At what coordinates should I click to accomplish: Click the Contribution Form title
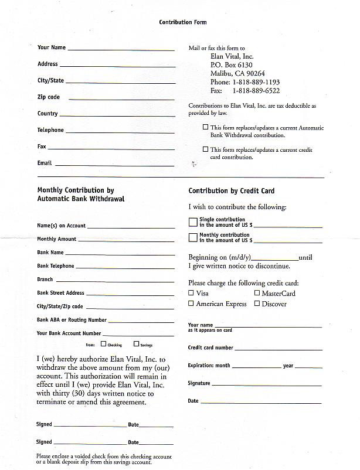tap(183, 22)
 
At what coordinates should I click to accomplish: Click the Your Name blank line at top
tap(120, 49)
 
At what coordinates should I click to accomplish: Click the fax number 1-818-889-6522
tap(256, 91)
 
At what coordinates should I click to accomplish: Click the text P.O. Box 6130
tap(231, 65)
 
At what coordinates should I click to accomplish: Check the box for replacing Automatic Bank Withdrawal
tap(205, 127)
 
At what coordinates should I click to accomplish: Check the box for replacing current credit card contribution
tap(205, 149)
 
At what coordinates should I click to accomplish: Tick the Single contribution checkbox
tap(193, 222)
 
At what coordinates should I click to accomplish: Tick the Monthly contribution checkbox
tap(193, 237)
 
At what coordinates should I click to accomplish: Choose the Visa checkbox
tap(191, 293)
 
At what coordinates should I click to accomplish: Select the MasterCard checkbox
tap(257, 293)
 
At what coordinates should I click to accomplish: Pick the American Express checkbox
tap(191, 304)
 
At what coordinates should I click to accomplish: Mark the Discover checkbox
tap(257, 304)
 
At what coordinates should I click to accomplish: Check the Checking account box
tap(104, 345)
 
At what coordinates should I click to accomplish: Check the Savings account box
tap(137, 345)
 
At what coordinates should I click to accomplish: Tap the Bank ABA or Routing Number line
tap(141, 322)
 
